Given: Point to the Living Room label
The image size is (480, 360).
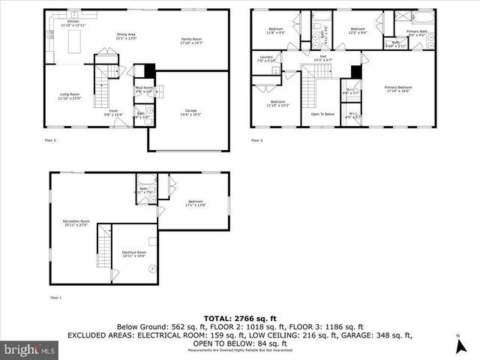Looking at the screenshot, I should pos(70,95).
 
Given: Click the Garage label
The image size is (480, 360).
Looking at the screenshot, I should pos(191,112).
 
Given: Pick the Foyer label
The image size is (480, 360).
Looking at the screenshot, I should pos(113,112).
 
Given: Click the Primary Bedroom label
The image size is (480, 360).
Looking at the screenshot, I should pos(399,88).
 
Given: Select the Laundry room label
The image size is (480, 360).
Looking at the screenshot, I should pos(266,58).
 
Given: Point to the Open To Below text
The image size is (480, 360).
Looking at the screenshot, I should pos(322,114).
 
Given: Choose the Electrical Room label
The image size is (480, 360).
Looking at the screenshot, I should pos(133,253).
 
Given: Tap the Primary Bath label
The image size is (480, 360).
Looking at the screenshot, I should pos(417,32).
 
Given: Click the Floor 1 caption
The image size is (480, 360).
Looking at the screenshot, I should pos(55,298).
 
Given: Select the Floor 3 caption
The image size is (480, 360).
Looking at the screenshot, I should pos(256,140).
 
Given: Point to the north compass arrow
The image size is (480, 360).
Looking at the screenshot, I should pos(457,346).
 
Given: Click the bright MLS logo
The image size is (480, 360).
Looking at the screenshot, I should pos(29,349).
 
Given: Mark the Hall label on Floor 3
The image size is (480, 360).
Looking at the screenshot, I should pos(322,57).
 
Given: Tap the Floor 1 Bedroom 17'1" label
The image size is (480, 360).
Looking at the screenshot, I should pos(196,203).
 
